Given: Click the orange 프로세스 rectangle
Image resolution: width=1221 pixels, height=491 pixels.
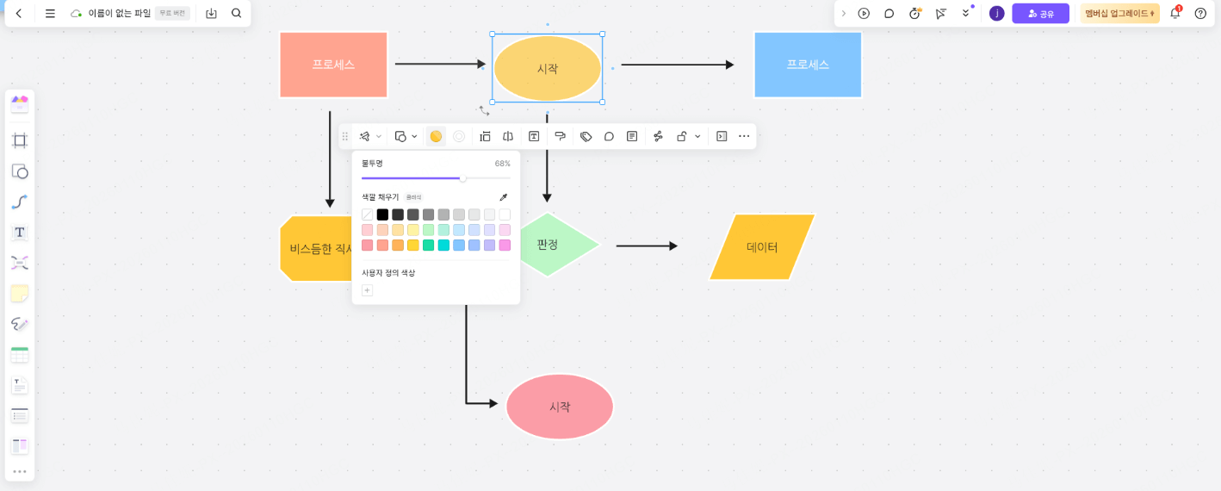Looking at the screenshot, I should (333, 65).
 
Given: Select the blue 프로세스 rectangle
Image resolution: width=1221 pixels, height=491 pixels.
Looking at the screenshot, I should (807, 65).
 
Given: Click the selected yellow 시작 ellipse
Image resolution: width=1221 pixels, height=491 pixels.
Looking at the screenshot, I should (547, 68).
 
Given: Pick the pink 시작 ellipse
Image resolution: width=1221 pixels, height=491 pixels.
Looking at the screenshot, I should (560, 407).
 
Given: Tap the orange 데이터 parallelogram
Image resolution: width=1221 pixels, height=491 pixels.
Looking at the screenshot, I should (762, 247).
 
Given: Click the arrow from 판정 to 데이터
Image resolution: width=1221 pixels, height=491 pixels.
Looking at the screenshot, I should (647, 245).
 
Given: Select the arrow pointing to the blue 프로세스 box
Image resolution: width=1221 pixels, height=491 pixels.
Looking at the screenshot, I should (677, 65).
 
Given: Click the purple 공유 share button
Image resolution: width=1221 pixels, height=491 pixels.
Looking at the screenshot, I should (1040, 14).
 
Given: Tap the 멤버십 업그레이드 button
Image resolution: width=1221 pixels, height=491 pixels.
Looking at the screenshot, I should (1119, 14).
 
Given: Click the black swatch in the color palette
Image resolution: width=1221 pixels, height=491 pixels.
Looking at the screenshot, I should (382, 214).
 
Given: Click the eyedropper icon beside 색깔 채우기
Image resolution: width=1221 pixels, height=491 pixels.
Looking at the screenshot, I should (504, 197).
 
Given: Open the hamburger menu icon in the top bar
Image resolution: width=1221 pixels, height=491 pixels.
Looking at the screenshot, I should (50, 14).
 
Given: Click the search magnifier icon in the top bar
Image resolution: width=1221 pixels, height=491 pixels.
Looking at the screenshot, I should (237, 14).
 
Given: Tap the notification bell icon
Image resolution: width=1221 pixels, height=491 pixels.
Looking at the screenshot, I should (1175, 14).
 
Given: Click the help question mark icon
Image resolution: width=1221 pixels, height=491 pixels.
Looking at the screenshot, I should (1200, 14).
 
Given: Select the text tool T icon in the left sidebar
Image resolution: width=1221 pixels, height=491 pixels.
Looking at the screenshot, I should (20, 233).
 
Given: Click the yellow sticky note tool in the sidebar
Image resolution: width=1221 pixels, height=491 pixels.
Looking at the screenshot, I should (20, 294).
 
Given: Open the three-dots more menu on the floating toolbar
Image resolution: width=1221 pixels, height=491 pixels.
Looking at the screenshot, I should (744, 136).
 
